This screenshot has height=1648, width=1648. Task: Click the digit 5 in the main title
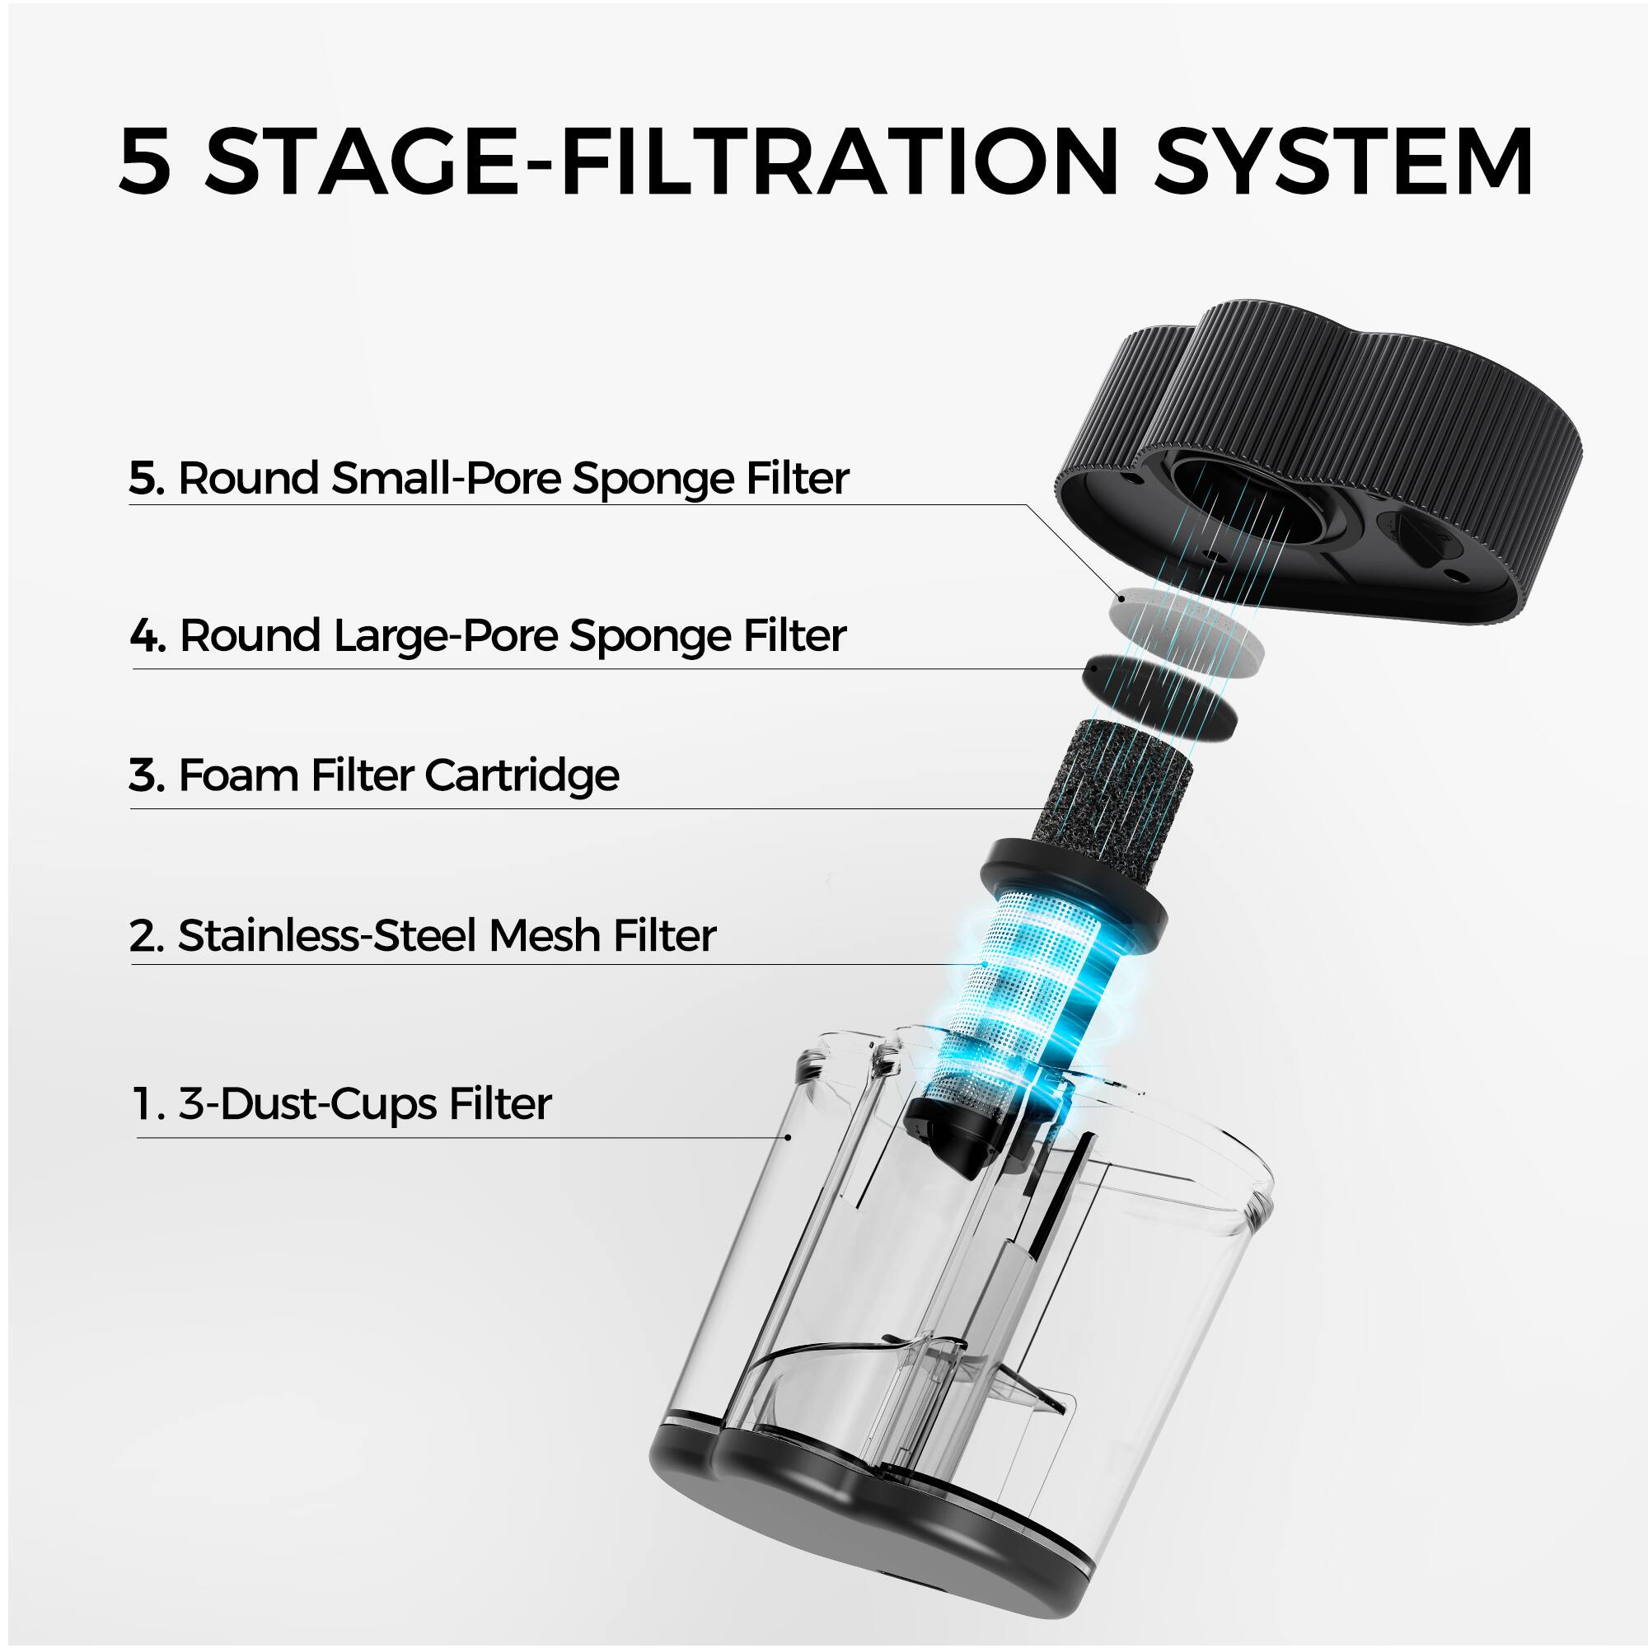pos(145,162)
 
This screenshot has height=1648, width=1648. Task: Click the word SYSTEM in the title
pos(1342,162)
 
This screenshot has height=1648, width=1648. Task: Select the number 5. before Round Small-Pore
pos(146,478)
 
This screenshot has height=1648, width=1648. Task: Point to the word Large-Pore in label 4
pos(445,636)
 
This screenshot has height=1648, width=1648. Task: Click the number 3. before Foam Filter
pos(146,775)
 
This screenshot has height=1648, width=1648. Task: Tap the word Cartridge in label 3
pos(522,775)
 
